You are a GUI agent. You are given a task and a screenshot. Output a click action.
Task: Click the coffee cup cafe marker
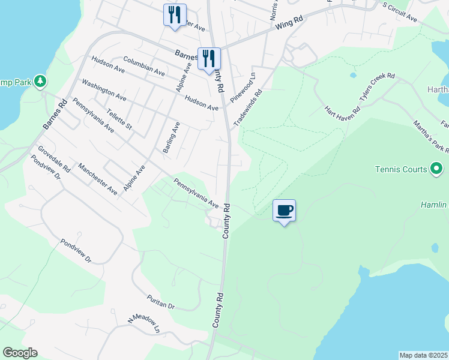click(285, 211)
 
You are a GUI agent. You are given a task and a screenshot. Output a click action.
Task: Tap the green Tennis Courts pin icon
click(436, 169)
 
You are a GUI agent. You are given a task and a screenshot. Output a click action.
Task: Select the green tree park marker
click(40, 80)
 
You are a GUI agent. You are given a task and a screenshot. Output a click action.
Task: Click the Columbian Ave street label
click(144, 66)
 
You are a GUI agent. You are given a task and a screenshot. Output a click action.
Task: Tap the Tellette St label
click(118, 119)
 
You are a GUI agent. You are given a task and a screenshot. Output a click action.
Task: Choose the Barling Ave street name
click(172, 137)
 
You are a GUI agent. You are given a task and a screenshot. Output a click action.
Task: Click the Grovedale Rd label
click(54, 159)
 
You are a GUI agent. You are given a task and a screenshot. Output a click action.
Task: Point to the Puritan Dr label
click(160, 302)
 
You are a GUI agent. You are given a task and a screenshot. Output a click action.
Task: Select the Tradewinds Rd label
click(248, 107)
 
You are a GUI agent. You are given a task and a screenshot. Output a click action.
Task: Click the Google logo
click(20, 353)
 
